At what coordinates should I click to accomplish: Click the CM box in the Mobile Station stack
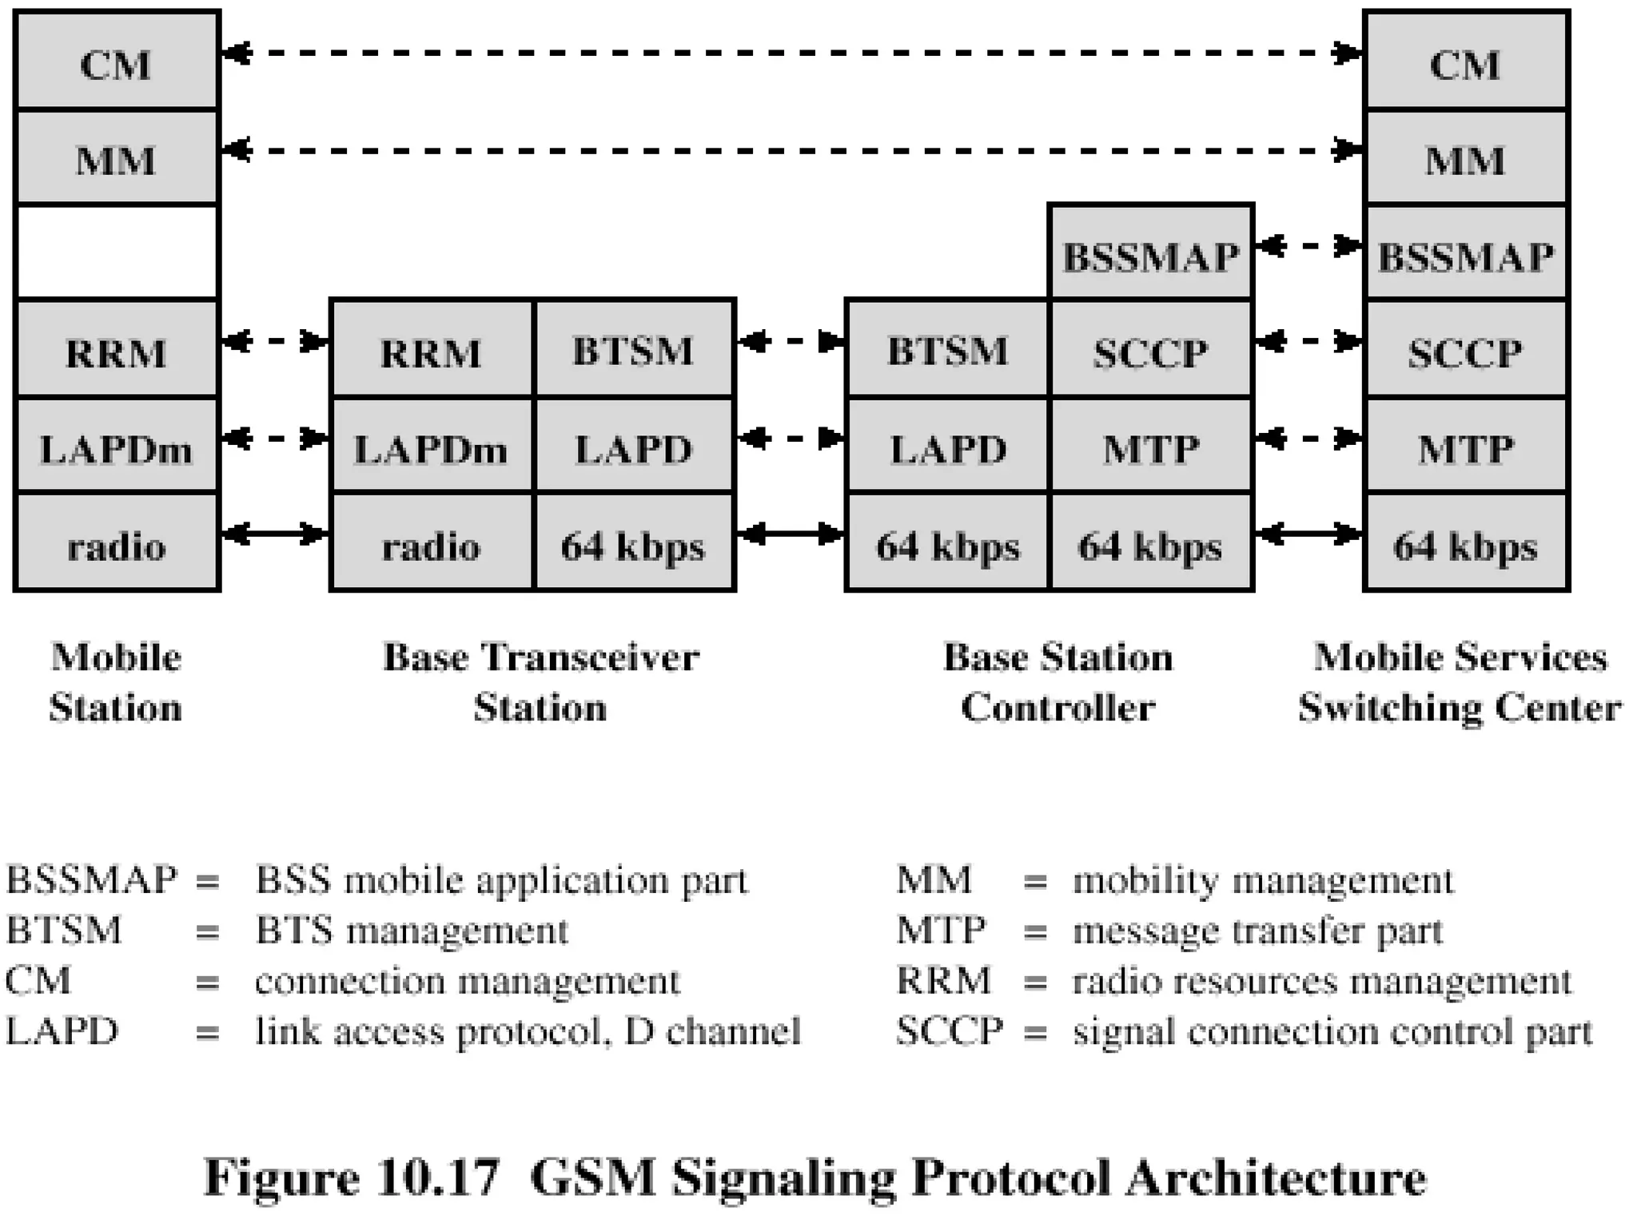coord(117,62)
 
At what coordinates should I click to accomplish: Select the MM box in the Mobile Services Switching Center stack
coord(1465,158)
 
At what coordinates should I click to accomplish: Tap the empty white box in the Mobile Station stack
coord(117,252)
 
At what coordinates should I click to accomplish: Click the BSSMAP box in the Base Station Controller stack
coord(1150,254)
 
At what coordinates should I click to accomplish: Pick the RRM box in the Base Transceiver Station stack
coord(432,350)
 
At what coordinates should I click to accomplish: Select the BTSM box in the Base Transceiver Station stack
coord(634,350)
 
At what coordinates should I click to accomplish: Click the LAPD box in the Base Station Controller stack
coord(947,447)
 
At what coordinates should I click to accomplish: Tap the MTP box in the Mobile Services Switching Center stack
coord(1465,447)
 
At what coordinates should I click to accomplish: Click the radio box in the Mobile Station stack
coord(117,545)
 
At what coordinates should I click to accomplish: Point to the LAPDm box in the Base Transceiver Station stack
coord(432,447)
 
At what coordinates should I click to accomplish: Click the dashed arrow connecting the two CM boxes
coord(791,54)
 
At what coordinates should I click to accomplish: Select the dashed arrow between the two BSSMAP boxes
coord(1308,246)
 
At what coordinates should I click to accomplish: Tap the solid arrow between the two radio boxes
coord(275,533)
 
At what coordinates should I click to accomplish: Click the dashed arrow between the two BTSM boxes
coord(791,342)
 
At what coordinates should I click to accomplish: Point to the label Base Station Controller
coord(1058,682)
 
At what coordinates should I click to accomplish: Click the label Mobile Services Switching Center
coord(1460,682)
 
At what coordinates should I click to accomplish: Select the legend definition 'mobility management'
coord(1263,880)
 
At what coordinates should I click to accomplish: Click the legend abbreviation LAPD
coord(62,1030)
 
